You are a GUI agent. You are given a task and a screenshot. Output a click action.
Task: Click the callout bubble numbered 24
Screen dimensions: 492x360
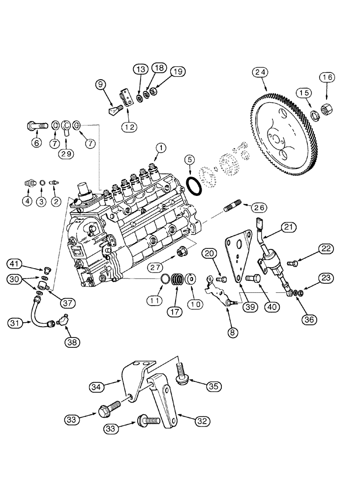[261, 72]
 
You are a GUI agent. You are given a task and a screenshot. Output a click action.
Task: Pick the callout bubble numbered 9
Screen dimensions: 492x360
[102, 85]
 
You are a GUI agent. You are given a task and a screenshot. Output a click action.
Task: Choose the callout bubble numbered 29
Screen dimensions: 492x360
[67, 154]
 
